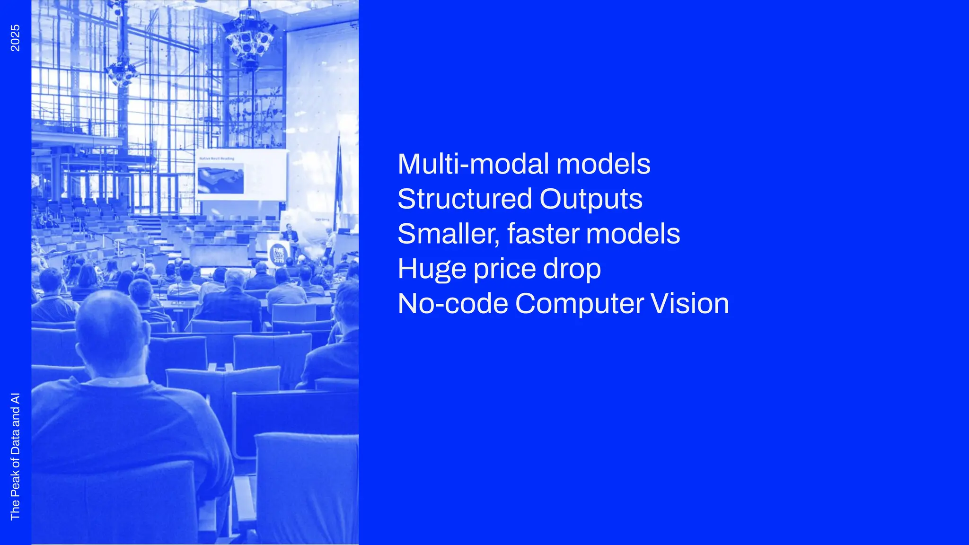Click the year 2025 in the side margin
(15, 38)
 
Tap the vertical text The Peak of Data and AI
(15, 456)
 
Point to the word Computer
(579, 304)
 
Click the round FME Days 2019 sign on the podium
(278, 254)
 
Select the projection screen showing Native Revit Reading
(241, 175)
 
